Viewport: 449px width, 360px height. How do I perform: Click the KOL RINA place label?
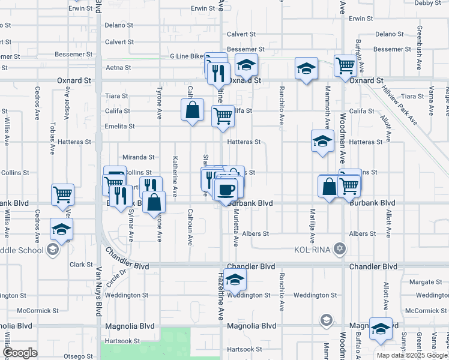pyautogui.click(x=312, y=248)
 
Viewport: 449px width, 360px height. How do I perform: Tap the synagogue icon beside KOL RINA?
pyautogui.click(x=340, y=248)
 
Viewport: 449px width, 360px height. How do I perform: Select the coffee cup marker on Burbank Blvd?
pyautogui.click(x=226, y=190)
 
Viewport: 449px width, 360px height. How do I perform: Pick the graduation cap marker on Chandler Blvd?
pyautogui.click(x=235, y=278)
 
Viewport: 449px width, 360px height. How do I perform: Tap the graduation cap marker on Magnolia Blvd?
pyautogui.click(x=380, y=328)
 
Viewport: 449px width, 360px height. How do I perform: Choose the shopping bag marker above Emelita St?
pyautogui.click(x=192, y=110)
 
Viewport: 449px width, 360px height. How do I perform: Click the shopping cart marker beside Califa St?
pyautogui.click(x=223, y=115)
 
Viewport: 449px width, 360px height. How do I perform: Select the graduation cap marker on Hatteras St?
pyautogui.click(x=322, y=141)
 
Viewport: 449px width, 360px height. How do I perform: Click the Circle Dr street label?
pyautogui.click(x=118, y=277)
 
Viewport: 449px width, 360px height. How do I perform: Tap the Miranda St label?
pyautogui.click(x=139, y=157)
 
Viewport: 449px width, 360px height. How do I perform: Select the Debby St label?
pyautogui.click(x=427, y=3)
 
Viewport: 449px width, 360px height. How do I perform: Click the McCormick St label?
pyautogui.click(x=37, y=311)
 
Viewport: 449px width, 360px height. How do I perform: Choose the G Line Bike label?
pyautogui.click(x=187, y=56)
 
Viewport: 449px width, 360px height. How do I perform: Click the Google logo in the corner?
pyautogui.click(x=20, y=353)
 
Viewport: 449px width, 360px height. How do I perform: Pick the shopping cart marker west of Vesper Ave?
pyautogui.click(x=62, y=194)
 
